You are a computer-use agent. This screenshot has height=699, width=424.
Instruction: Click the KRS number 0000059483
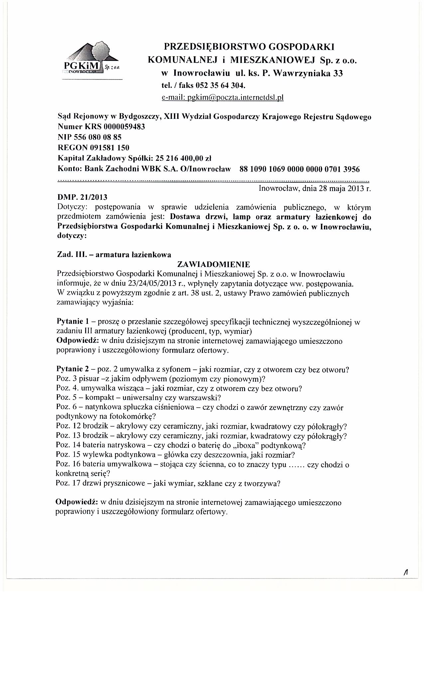tap(124, 127)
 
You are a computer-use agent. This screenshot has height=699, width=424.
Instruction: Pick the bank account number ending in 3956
tap(299, 169)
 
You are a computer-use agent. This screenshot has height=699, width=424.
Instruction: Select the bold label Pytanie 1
tap(72, 322)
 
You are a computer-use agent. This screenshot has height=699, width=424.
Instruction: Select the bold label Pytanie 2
tap(72, 369)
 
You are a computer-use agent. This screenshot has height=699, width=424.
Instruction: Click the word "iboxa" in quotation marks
tap(267, 445)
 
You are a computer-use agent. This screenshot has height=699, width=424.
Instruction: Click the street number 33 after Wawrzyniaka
tap(338, 74)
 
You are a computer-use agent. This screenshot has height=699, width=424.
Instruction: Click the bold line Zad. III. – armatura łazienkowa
tap(114, 255)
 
